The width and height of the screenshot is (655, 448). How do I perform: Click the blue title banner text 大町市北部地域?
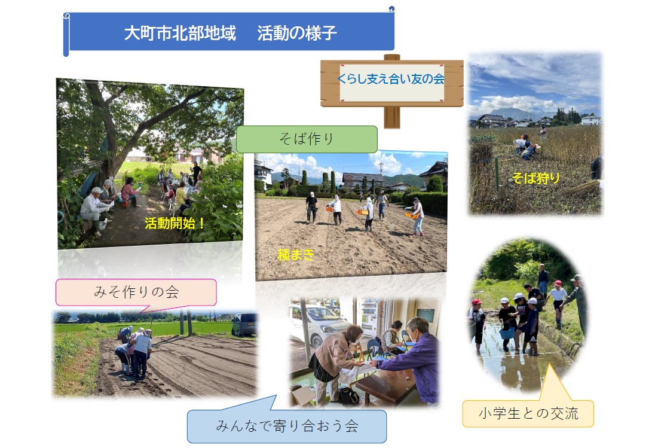click(180, 33)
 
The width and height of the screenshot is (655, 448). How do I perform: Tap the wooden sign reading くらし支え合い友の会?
click(391, 83)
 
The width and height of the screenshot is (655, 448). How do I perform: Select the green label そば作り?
click(307, 139)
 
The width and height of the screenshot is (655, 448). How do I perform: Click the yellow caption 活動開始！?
click(175, 223)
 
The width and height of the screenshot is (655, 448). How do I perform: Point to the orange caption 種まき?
click(295, 255)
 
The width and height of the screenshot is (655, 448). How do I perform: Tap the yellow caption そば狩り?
click(535, 178)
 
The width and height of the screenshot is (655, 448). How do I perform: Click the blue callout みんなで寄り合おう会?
click(287, 426)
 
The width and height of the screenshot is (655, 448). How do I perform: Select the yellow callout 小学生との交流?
click(528, 413)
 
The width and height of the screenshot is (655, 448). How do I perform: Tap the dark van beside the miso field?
click(244, 324)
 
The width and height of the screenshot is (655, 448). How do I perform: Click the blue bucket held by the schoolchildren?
click(507, 333)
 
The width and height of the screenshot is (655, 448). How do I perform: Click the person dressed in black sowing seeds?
click(311, 208)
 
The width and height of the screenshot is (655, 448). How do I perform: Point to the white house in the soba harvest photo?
click(590, 120)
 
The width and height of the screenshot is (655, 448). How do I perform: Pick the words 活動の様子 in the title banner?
click(297, 33)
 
